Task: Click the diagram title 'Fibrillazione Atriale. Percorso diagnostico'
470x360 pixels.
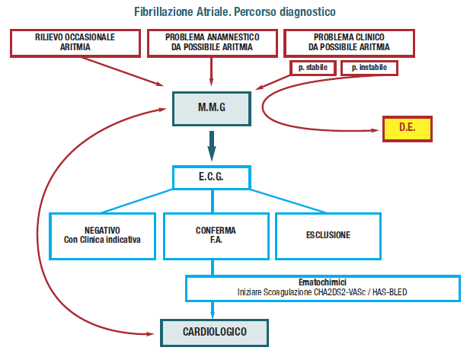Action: click(x=235, y=13)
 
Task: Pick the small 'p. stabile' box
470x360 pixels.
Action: click(x=314, y=68)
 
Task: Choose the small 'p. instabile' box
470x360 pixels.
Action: click(x=369, y=68)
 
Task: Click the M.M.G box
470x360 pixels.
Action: click(x=212, y=108)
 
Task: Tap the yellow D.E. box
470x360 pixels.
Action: click(x=407, y=127)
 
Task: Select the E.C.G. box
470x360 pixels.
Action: click(x=212, y=178)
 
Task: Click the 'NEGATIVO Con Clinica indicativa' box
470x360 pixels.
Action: click(x=103, y=235)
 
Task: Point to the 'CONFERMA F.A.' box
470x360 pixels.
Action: click(x=216, y=235)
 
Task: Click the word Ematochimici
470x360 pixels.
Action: click(x=323, y=281)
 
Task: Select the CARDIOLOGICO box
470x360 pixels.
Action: click(x=214, y=332)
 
